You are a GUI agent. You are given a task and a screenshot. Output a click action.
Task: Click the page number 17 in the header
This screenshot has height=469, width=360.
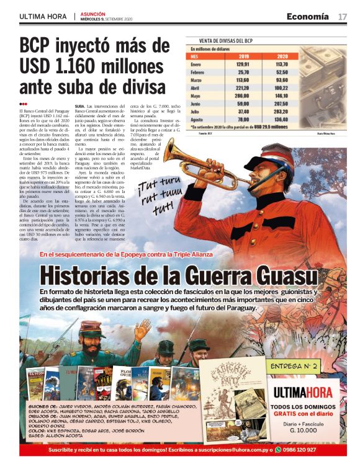click(342, 16)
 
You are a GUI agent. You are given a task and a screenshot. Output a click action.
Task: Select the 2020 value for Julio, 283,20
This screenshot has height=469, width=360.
click(281, 112)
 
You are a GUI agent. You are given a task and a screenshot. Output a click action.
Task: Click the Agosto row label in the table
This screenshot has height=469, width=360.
click(197, 119)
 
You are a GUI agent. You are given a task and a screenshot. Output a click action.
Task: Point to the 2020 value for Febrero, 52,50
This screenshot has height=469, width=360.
click(281, 72)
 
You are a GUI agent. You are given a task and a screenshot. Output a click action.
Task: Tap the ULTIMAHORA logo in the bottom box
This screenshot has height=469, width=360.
click(300, 392)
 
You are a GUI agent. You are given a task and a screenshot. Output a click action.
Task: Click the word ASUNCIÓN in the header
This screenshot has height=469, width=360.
click(94, 13)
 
